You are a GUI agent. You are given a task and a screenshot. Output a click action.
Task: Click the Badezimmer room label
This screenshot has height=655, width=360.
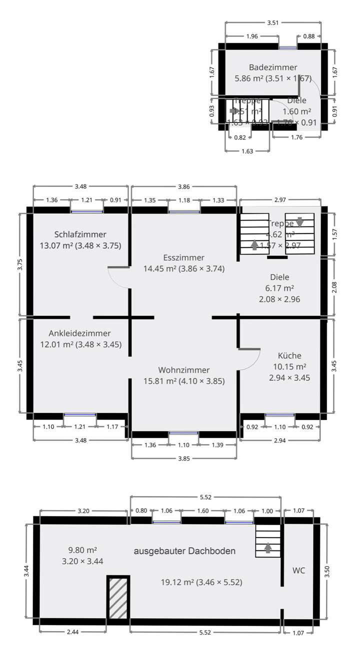tap(273, 67)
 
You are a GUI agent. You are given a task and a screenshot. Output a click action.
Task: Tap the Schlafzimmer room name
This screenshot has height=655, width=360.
tap(80, 234)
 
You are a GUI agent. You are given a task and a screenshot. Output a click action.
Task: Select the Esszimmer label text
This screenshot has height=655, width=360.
tap(183, 257)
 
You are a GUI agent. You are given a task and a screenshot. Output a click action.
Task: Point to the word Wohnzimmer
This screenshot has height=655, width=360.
tap(183, 370)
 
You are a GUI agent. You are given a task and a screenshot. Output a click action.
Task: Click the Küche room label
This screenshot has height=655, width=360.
tap(289, 355)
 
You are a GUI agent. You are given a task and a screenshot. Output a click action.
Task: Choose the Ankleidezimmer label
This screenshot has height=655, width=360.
tap(80, 333)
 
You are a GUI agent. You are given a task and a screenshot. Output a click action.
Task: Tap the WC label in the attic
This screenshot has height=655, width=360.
tap(299, 570)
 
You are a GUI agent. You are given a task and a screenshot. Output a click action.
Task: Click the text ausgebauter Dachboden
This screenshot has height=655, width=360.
tap(184, 551)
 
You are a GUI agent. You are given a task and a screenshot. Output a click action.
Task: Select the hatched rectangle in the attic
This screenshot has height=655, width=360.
tap(118, 598)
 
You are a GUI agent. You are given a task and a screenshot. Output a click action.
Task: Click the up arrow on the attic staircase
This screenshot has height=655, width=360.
tap(268, 548)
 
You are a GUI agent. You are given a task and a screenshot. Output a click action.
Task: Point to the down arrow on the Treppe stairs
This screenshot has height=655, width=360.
tap(299, 222)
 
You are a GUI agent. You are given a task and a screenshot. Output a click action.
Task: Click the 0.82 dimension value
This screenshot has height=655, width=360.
tap(240, 137)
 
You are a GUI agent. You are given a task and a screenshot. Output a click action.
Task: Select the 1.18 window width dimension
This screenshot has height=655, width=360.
tap(184, 200)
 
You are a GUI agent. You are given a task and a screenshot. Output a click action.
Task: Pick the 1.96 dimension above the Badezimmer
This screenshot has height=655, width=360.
tap(252, 36)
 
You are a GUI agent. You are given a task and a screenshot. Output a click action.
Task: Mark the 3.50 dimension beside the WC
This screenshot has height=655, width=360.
tap(327, 572)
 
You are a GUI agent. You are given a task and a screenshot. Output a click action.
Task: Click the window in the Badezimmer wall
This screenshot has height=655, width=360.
tap(287, 48)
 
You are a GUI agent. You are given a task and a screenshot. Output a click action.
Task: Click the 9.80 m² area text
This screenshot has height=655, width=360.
tap(82, 550)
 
